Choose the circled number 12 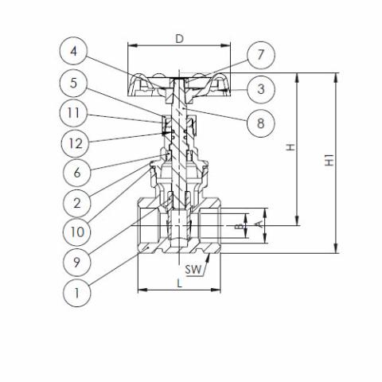pyautogui.click(x=74, y=142)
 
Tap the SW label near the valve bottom pyautogui.click(x=192, y=270)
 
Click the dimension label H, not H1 pyautogui.click(x=290, y=147)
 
